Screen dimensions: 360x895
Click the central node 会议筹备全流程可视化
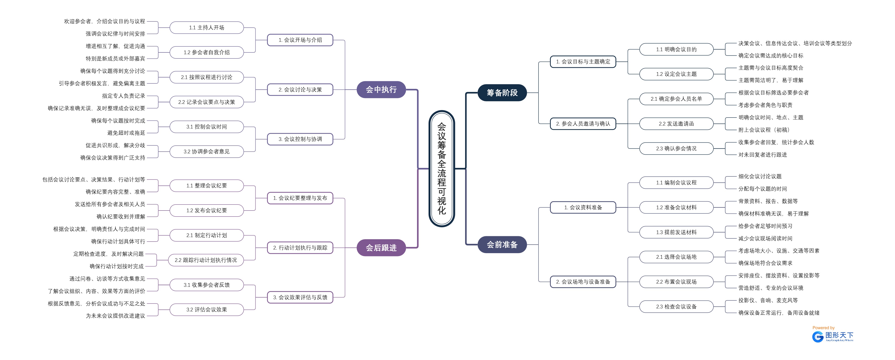pyautogui.click(x=442, y=169)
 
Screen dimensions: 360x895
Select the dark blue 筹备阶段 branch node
pyautogui.click(x=502, y=93)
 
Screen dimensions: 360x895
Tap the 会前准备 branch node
pyautogui.click(x=502, y=245)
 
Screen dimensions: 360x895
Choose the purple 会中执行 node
pyautogui.click(x=381, y=90)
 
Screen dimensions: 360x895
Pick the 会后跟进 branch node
pyautogui.click(x=381, y=248)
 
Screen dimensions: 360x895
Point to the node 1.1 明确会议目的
pyautogui.click(x=676, y=49)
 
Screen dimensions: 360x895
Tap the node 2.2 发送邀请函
pyautogui.click(x=676, y=124)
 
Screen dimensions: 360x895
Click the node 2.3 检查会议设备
pyautogui.click(x=676, y=306)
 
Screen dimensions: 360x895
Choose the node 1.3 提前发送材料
pyautogui.click(x=676, y=232)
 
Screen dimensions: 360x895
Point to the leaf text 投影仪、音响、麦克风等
pyautogui.click(x=768, y=300)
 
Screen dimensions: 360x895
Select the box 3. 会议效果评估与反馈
pyautogui.click(x=300, y=297)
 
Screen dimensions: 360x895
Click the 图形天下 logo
pyautogui.click(x=833, y=336)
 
